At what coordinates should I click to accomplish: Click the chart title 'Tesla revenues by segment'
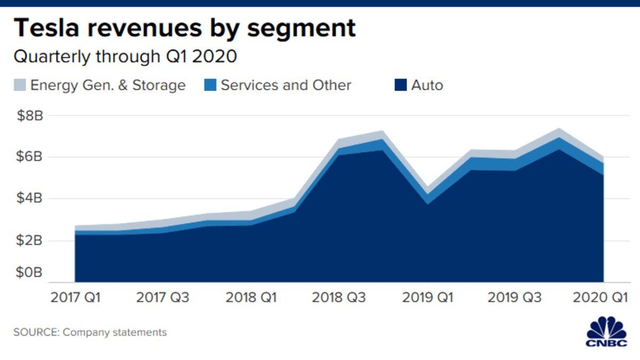click(185, 28)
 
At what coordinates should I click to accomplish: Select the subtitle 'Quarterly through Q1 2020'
click(125, 57)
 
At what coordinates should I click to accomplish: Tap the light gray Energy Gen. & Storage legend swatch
click(19, 85)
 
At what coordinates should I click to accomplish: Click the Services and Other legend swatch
click(210, 85)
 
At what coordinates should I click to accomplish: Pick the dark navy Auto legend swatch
click(401, 85)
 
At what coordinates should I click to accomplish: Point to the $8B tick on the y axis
click(28, 116)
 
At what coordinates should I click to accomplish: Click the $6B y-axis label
click(28, 157)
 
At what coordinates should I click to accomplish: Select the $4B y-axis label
click(28, 199)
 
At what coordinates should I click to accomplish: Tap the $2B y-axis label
click(28, 241)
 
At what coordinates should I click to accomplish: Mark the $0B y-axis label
click(28, 273)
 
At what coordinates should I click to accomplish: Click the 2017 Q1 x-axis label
click(75, 298)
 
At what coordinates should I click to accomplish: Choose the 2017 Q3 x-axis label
click(163, 298)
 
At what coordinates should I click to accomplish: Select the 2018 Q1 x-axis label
click(251, 298)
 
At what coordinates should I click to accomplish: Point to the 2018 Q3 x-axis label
click(339, 298)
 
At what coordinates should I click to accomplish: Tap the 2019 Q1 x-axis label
click(427, 298)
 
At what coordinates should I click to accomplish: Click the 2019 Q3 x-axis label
click(515, 298)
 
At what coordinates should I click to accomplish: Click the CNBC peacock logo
click(606, 332)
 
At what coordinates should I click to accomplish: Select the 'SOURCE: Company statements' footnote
click(90, 332)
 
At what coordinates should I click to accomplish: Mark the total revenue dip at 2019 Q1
click(427, 189)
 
